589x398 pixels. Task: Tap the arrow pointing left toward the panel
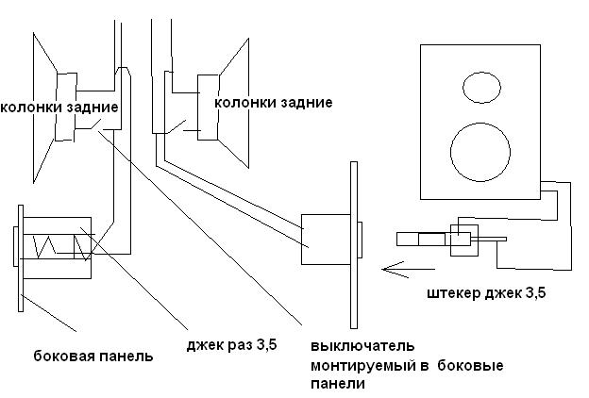click(x=408, y=269)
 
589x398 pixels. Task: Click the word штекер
click(x=453, y=293)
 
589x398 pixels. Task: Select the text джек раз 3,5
click(x=231, y=344)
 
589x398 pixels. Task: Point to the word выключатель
click(x=362, y=345)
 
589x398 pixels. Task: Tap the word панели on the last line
click(x=338, y=384)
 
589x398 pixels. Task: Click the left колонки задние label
click(x=59, y=108)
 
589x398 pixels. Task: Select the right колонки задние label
click(x=273, y=103)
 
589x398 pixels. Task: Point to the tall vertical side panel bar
click(x=353, y=245)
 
